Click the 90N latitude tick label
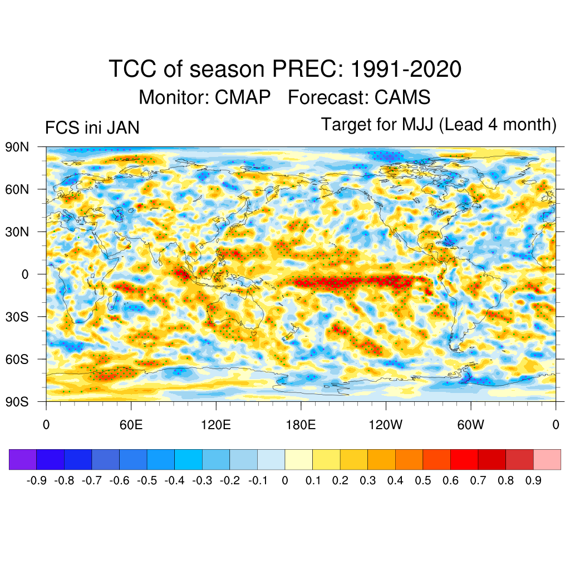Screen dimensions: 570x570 (x=17, y=148)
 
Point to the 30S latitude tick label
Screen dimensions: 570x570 (x=17, y=317)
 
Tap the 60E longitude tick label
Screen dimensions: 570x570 (x=131, y=425)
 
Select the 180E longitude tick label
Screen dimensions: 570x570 (x=301, y=425)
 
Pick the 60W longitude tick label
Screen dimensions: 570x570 (x=470, y=425)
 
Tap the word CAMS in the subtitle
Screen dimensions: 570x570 (x=402, y=97)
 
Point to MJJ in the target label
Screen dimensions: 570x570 (x=418, y=125)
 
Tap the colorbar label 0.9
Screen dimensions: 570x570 (x=533, y=480)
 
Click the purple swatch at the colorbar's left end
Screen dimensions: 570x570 (x=23, y=459)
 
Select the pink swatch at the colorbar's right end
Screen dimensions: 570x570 (x=547, y=459)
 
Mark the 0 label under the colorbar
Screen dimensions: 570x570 (x=285, y=480)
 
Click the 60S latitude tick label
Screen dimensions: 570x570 (x=17, y=359)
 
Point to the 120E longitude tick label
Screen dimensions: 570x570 (x=215, y=425)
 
